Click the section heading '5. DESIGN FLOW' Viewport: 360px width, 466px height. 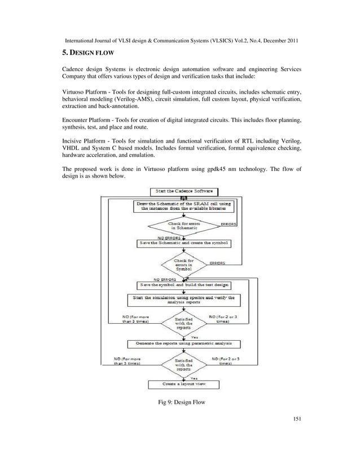(88, 52)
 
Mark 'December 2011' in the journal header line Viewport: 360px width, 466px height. (276, 41)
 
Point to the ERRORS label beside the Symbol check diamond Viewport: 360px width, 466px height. (218, 263)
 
